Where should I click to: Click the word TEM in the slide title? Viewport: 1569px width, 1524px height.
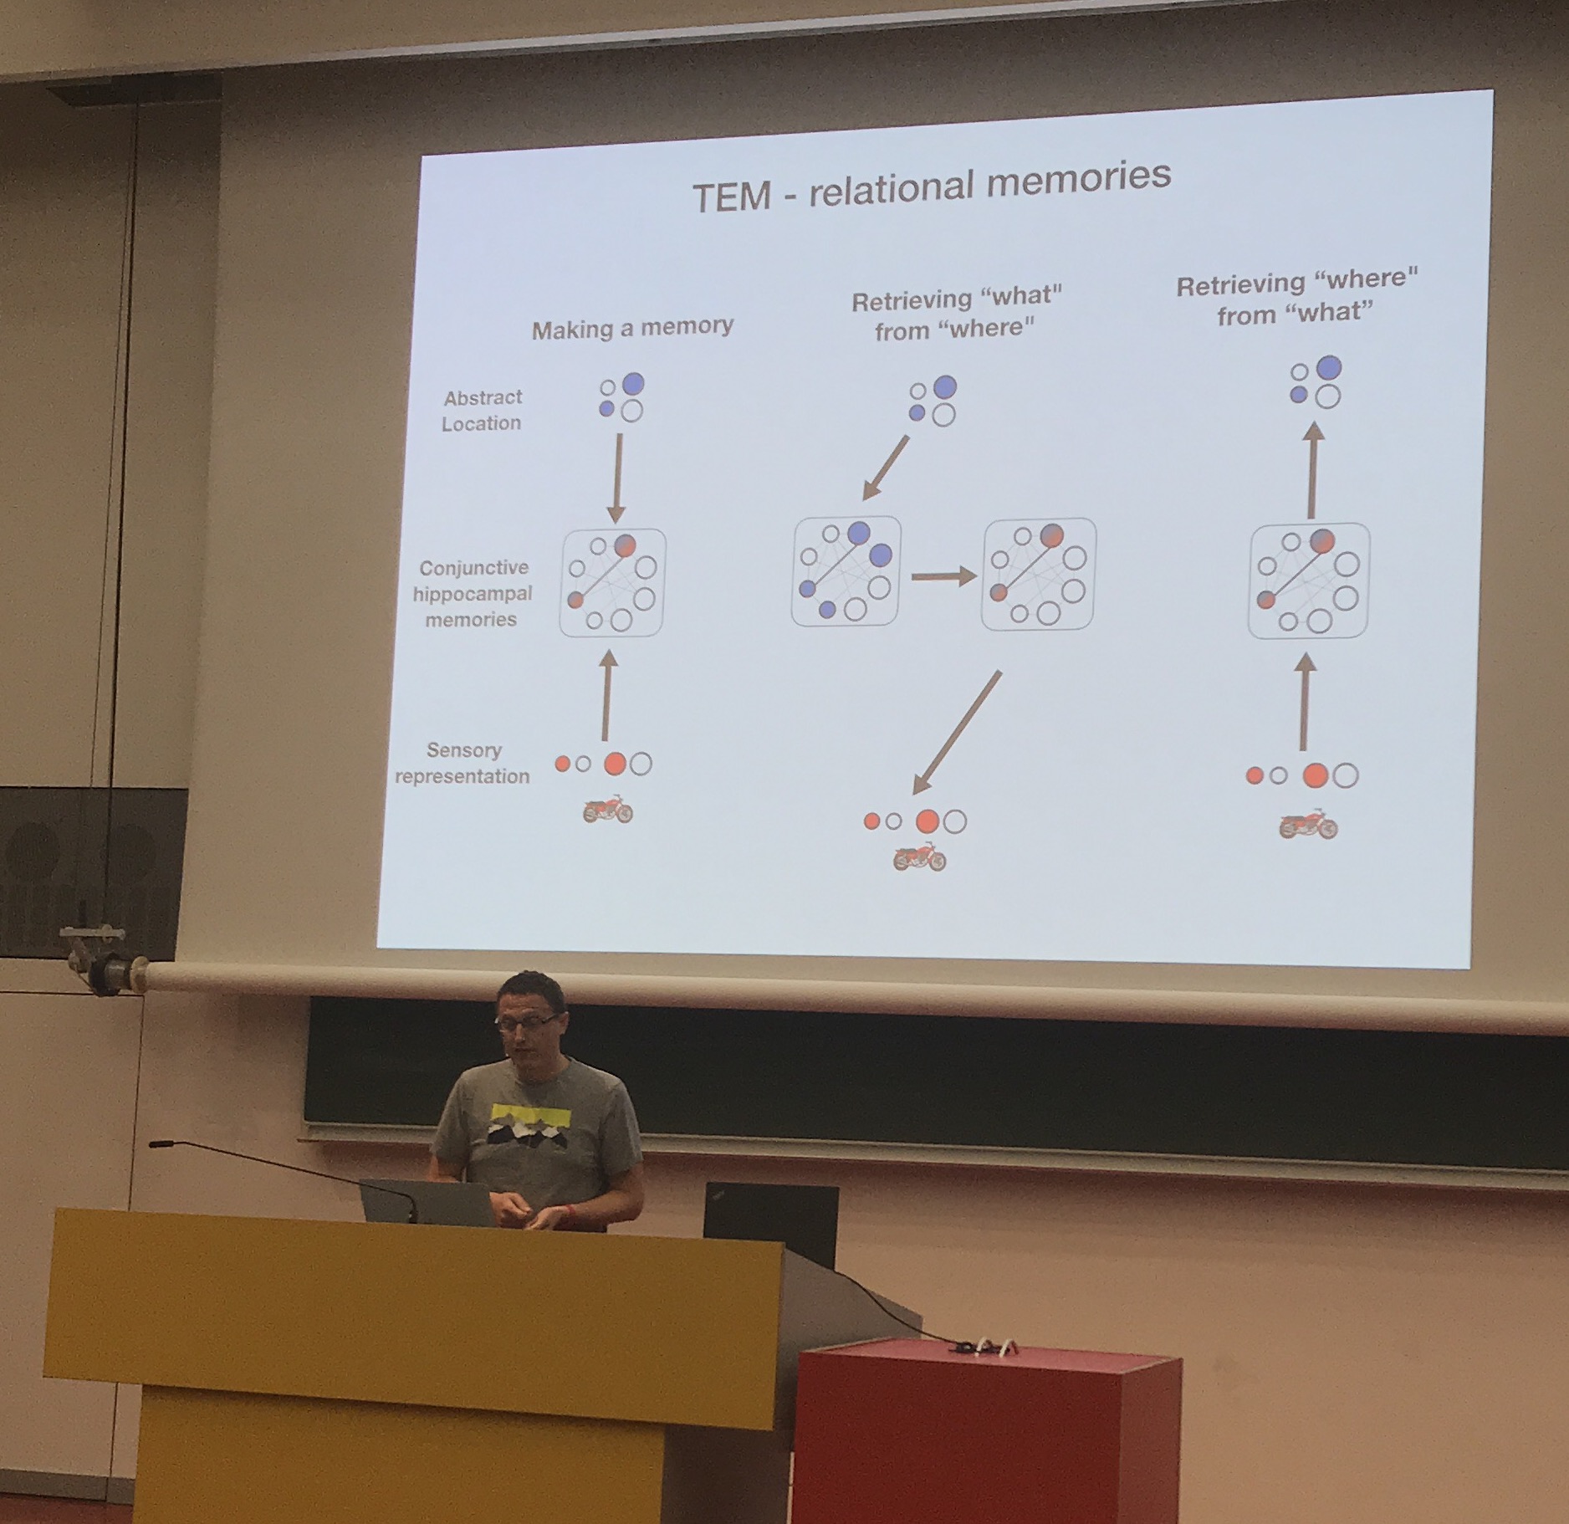click(x=731, y=197)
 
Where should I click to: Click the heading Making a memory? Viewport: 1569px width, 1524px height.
click(x=632, y=328)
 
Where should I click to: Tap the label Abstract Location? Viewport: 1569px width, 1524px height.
click(x=482, y=410)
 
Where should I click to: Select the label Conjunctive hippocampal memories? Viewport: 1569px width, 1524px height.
click(x=473, y=593)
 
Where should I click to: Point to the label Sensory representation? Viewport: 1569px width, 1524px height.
click(x=463, y=763)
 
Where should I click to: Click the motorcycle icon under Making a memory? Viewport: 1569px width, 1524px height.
click(x=608, y=810)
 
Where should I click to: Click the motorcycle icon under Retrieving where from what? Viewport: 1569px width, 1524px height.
click(x=1308, y=825)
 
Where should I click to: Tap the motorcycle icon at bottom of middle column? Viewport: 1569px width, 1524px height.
click(x=919, y=857)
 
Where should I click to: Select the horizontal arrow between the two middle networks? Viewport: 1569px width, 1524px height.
click(x=943, y=575)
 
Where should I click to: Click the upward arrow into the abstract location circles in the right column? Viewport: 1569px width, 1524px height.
click(x=1313, y=469)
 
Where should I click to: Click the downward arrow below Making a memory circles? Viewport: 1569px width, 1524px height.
click(x=617, y=478)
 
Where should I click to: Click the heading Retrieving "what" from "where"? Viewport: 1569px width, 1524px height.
click(x=956, y=314)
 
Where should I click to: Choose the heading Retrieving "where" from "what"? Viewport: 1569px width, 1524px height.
click(x=1296, y=297)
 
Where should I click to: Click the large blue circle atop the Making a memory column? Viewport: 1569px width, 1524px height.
click(x=633, y=384)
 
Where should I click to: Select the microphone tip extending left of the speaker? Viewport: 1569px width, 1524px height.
click(x=156, y=1143)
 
